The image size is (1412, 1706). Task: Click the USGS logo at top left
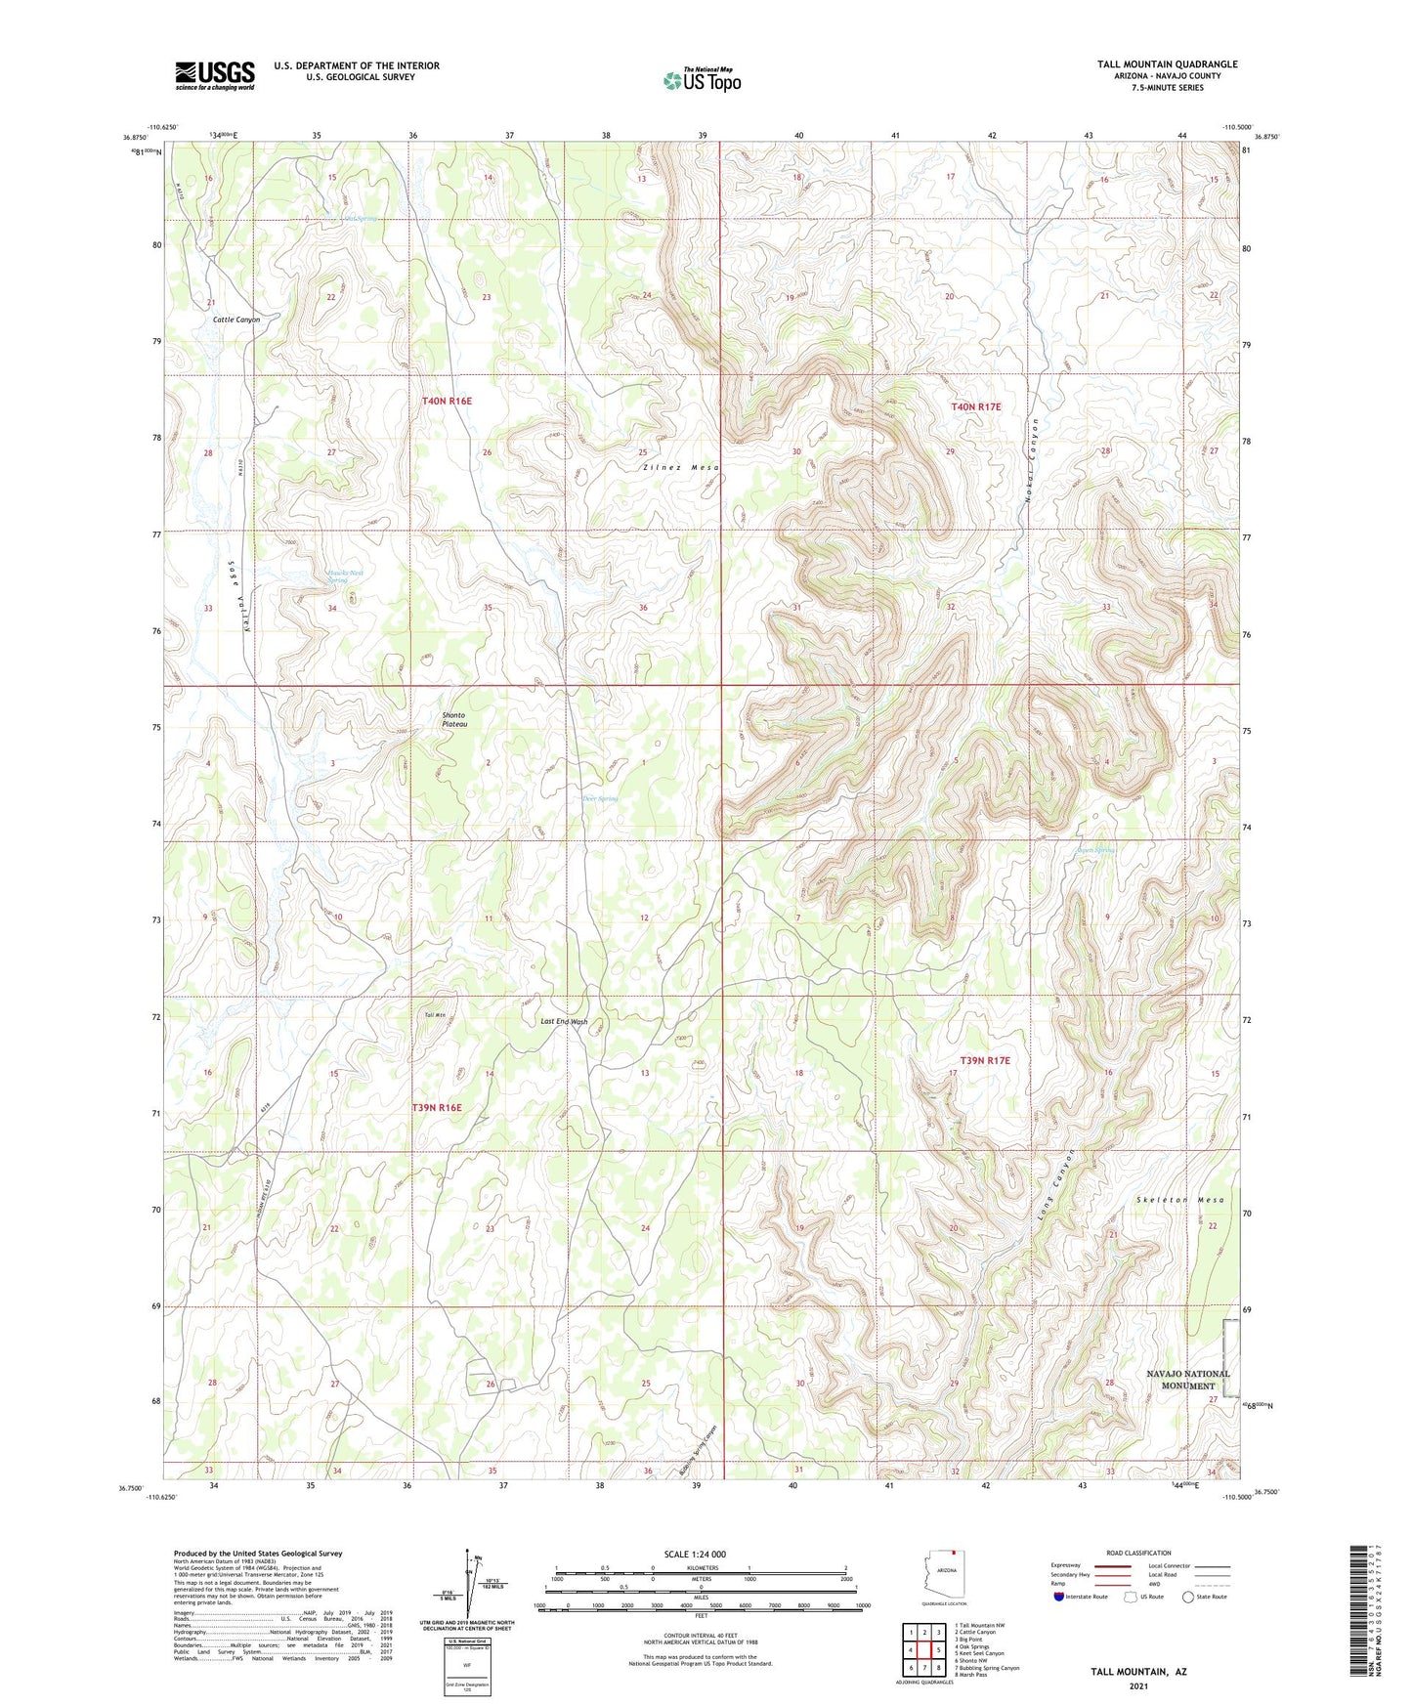point(215,75)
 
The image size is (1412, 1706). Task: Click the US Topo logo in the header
point(702,80)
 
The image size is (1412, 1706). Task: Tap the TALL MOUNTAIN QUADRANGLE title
point(1153,64)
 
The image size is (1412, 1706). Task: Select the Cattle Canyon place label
point(236,320)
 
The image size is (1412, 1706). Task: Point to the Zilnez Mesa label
point(681,468)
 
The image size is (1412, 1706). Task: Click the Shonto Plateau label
point(454,719)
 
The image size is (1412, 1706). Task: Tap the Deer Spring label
point(600,798)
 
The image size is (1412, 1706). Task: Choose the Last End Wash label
point(565,1022)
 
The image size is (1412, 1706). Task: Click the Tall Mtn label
point(435,1016)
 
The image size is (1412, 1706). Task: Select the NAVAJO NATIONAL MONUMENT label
point(1187,1380)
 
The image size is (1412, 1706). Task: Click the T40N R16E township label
point(447,402)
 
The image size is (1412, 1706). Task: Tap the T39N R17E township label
point(984,1060)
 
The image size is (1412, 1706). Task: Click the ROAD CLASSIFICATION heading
point(1139,1553)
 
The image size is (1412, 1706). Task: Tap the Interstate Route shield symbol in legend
point(1059,1597)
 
